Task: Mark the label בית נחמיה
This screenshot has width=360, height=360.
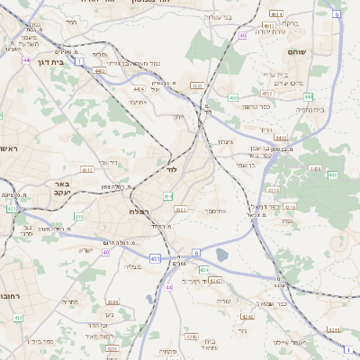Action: point(336,110)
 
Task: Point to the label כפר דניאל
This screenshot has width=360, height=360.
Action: point(281,208)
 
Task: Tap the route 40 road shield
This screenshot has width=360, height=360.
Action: point(105,252)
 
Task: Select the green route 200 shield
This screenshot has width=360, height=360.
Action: point(78,216)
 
